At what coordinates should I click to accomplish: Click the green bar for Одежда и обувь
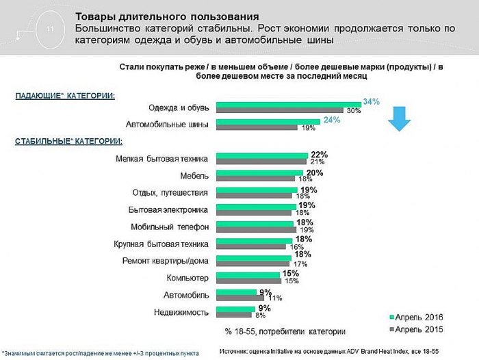(289, 105)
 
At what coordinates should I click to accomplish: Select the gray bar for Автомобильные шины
(257, 127)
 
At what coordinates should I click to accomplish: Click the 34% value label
(372, 101)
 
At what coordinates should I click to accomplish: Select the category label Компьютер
(187, 277)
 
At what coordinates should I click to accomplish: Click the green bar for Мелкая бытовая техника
(261, 155)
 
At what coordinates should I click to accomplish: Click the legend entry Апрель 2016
(416, 318)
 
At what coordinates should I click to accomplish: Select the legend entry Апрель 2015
(416, 330)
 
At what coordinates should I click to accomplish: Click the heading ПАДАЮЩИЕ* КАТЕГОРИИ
(65, 95)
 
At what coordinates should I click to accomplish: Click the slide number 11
(49, 29)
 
